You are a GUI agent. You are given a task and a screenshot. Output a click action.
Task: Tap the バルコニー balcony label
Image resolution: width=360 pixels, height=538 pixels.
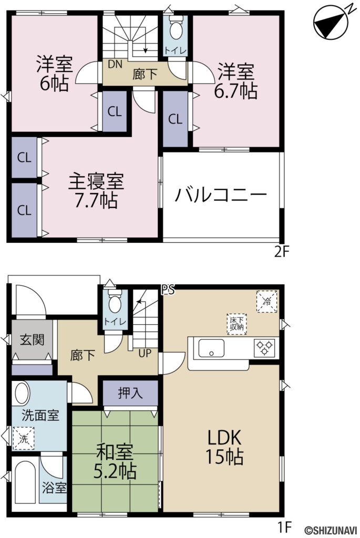(x=221, y=196)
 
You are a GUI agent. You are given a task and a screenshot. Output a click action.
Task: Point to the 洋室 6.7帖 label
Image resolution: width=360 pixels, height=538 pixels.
(x=235, y=81)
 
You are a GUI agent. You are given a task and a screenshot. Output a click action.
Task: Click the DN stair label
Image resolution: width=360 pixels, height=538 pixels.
(x=116, y=64)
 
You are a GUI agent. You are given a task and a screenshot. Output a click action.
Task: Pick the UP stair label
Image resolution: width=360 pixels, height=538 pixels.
(x=145, y=353)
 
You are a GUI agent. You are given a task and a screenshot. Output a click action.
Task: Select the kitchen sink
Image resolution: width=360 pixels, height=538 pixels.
(x=210, y=348)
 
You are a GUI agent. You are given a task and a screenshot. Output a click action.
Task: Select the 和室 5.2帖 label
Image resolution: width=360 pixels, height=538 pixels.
(x=115, y=461)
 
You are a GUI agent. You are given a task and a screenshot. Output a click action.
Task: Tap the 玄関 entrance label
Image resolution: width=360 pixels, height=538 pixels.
(x=32, y=339)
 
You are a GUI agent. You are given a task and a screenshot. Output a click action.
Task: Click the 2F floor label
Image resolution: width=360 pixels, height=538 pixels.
(x=282, y=252)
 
